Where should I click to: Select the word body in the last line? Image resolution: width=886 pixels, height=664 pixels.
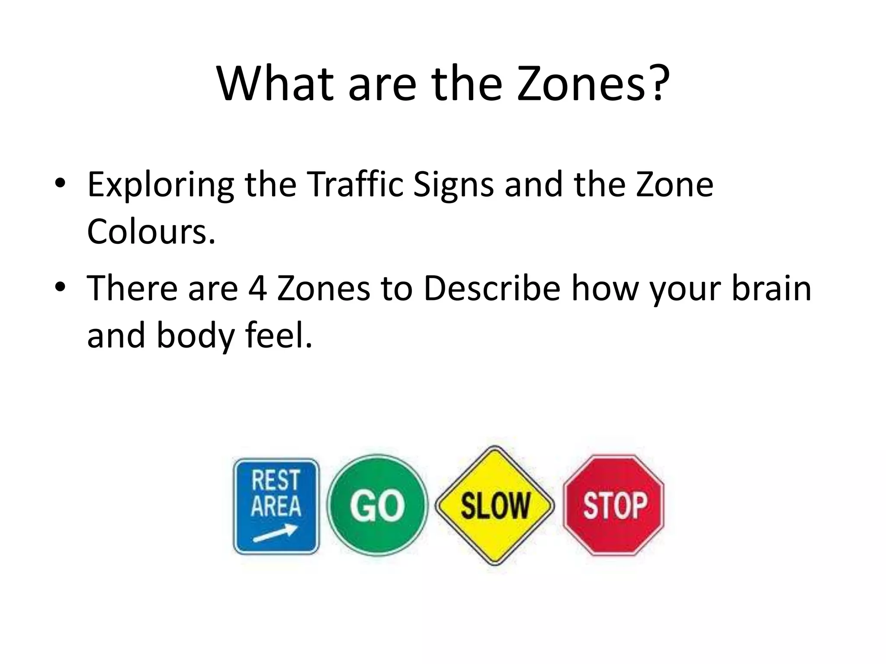pos(195,336)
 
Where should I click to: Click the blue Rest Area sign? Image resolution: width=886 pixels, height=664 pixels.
pos(276,506)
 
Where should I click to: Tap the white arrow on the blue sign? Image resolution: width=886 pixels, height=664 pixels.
pos(275,533)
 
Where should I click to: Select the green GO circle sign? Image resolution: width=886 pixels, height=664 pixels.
pos(377,505)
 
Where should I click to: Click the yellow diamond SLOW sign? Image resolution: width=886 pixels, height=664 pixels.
pos(494,505)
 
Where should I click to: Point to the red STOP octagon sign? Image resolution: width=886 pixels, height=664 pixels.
pos(614,505)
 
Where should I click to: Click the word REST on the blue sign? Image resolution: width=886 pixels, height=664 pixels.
pos(276,480)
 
